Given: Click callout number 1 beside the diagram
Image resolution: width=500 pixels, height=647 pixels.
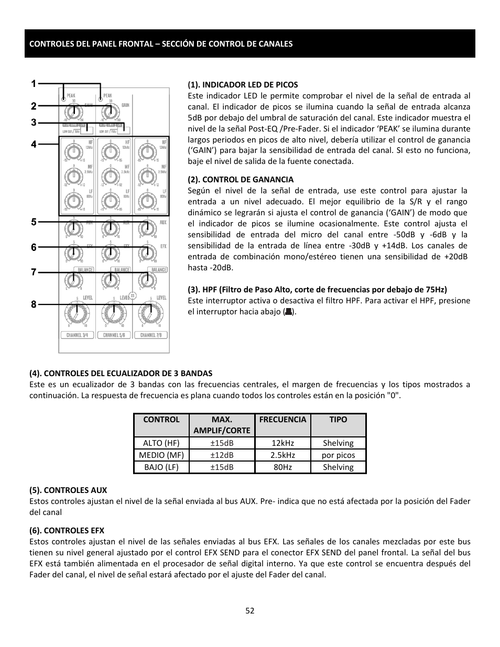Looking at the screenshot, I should pos(34,84).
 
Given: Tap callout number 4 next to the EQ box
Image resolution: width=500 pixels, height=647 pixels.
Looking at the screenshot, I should pos(34,144).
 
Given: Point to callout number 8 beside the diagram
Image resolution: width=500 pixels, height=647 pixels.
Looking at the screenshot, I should pos(34,304).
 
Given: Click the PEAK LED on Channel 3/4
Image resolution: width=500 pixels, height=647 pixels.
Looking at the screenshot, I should pos(63,97).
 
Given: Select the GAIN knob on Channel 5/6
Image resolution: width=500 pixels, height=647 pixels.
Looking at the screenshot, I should pos(110,112).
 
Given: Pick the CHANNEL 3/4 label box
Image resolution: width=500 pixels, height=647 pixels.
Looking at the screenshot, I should pos(77,335).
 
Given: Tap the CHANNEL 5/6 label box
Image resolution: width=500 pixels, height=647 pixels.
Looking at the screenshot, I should pos(114,335).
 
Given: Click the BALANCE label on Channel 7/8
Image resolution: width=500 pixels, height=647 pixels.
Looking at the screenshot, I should pos(159,269).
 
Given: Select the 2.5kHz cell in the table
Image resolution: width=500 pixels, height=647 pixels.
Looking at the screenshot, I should pos(282,455).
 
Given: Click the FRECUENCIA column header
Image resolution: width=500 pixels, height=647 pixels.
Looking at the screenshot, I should pos(282,420).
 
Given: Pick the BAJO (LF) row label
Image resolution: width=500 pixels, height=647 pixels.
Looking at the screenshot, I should pos(161,467).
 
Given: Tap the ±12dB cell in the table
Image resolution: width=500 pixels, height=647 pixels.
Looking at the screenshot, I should pos(222,455).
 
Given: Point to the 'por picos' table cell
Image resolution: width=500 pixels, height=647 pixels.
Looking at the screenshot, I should pos(338,455).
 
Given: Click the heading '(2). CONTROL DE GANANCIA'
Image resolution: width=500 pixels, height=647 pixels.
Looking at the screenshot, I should pos(241,180).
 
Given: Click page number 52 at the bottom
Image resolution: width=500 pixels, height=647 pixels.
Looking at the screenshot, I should pos(249,610).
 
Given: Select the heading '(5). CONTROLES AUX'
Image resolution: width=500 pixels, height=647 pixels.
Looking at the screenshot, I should pos(68,490).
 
